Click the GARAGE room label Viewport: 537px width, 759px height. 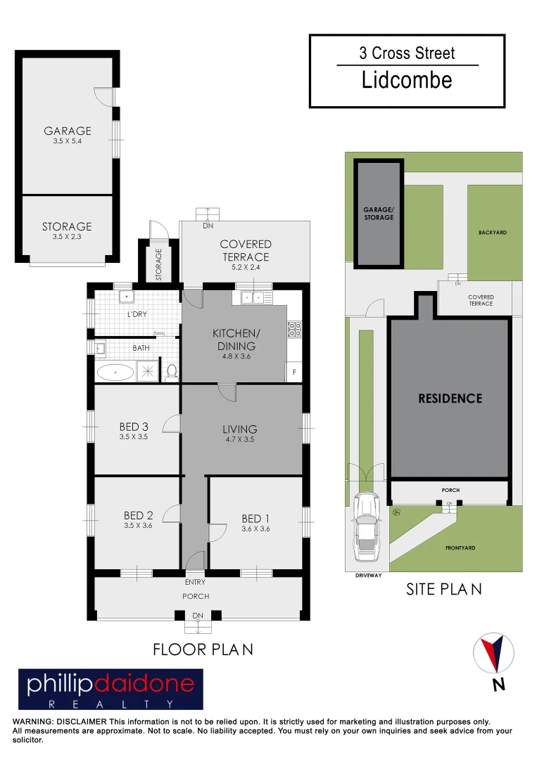[68, 131]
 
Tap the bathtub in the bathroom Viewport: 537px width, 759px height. [115, 372]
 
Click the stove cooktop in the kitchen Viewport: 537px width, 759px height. [294, 329]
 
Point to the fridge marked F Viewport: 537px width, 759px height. [293, 372]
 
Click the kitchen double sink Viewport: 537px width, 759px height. [253, 297]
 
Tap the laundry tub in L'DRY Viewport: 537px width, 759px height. [127, 297]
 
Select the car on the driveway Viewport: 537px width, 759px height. [367, 526]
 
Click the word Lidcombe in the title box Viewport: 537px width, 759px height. [407, 80]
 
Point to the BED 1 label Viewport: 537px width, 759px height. [255, 519]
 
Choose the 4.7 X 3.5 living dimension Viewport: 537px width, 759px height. [239, 439]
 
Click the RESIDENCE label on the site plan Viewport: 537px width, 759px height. [450, 398]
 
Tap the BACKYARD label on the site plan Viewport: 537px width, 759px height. [493, 233]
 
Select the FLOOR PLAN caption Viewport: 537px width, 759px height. [203, 649]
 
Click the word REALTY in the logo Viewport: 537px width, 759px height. [110, 703]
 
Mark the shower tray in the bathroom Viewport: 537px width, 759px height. [147, 371]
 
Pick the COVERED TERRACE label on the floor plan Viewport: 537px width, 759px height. [246, 250]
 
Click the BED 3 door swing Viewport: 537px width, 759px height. [171, 423]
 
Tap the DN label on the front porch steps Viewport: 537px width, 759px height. [198, 616]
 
